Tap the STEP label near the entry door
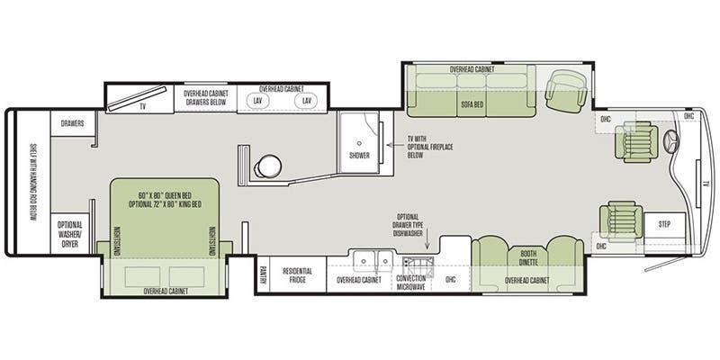(664, 224)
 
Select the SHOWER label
(359, 156)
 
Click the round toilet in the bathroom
(268, 166)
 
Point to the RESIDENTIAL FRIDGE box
(298, 274)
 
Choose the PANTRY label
(263, 274)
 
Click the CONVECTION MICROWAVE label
(410, 283)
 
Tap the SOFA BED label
(472, 104)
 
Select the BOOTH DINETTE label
(528, 257)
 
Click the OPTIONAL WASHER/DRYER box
(70, 233)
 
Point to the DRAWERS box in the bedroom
(73, 123)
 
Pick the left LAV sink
(257, 101)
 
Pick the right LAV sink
(306, 101)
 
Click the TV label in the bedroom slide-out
(143, 106)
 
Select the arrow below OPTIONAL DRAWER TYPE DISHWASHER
(427, 243)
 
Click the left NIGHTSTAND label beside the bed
(116, 241)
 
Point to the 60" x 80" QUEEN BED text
(166, 195)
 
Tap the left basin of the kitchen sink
(364, 261)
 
